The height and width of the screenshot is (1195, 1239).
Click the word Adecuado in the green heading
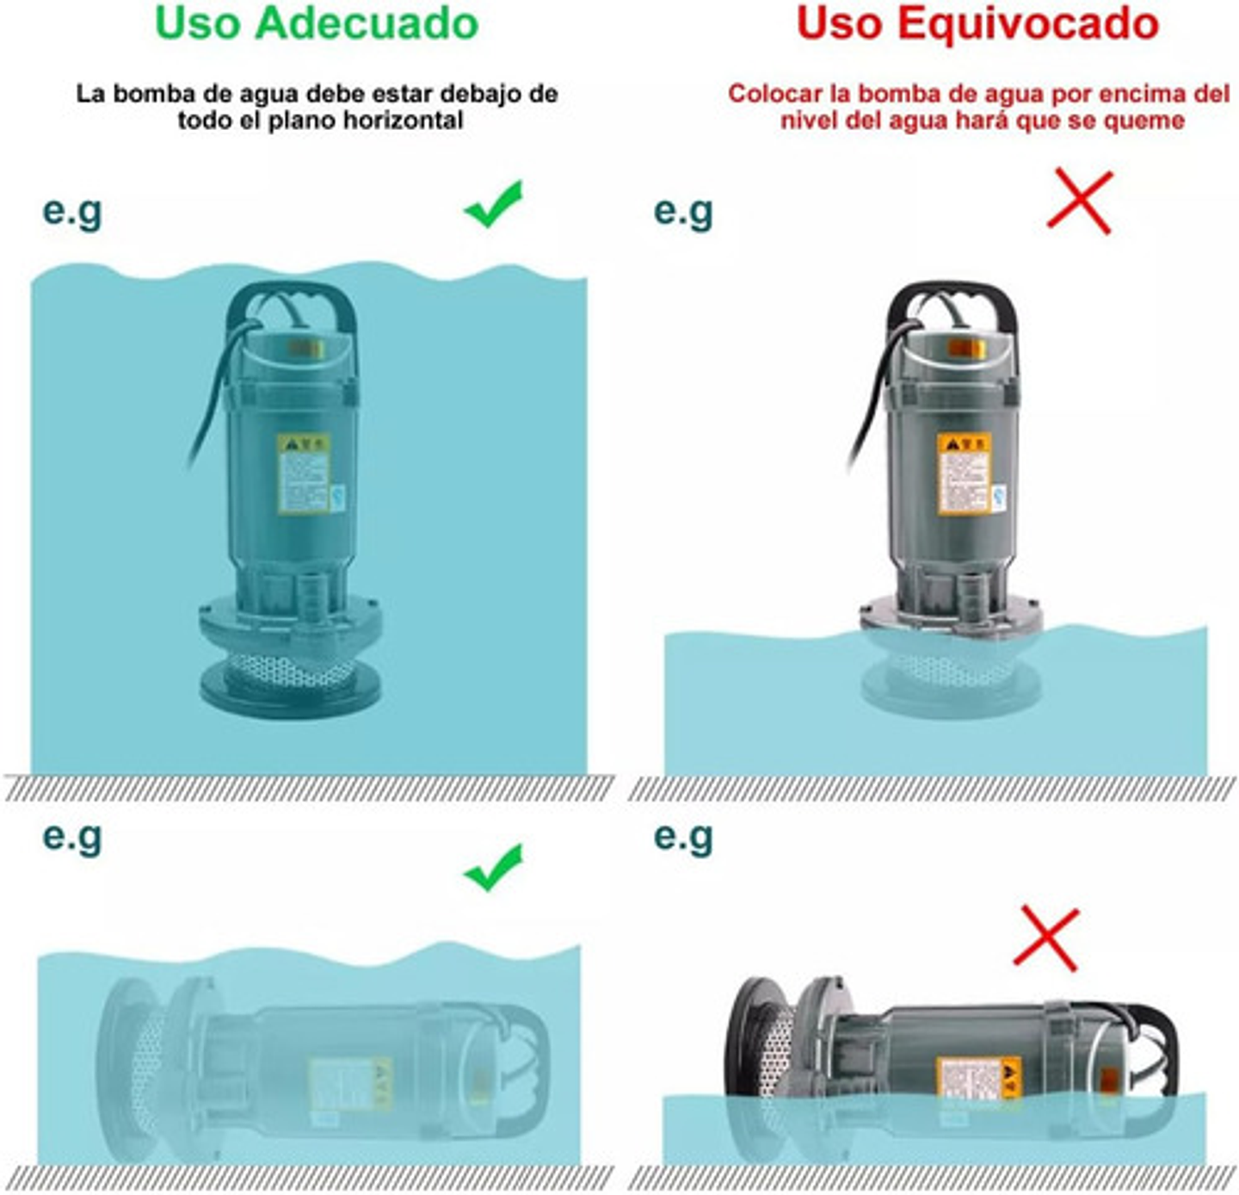367,23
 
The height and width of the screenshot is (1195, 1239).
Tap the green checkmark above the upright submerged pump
494,204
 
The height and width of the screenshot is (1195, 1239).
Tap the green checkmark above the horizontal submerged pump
494,867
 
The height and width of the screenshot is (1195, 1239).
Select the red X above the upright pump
1080,202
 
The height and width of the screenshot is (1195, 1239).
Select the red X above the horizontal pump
1046,938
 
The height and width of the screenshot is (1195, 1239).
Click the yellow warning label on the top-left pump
304,474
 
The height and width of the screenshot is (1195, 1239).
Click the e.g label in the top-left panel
72,210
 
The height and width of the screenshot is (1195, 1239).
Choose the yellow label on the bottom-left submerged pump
349,1083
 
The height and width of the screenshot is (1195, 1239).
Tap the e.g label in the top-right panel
683,210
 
